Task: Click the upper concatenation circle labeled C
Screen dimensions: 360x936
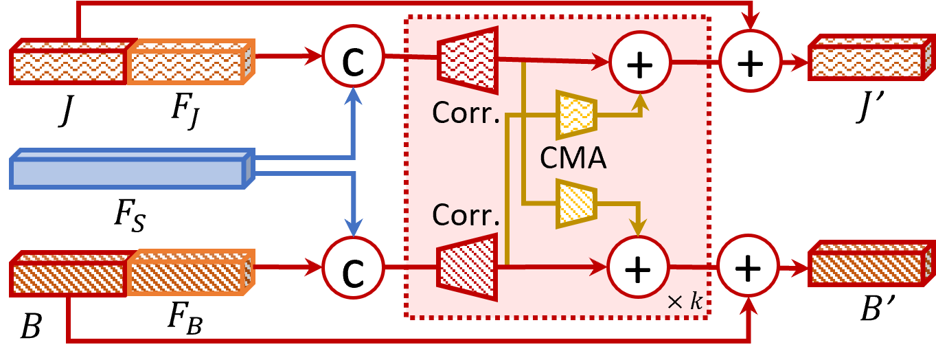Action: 353,56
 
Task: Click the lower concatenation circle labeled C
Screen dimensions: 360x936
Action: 353,268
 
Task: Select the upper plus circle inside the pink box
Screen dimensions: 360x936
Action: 640,63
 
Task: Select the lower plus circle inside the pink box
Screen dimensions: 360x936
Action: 638,267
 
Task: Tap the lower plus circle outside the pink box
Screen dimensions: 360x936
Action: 748,266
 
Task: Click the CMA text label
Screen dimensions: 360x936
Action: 573,159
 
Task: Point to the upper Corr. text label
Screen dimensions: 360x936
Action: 466,113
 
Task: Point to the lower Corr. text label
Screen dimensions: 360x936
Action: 466,215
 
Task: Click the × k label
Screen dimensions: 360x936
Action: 685,302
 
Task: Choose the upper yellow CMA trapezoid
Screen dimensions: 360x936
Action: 575,115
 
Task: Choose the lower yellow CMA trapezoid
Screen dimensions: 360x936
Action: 575,203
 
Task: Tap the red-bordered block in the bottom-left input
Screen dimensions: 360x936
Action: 69,275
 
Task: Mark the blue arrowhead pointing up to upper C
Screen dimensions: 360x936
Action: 353,95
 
